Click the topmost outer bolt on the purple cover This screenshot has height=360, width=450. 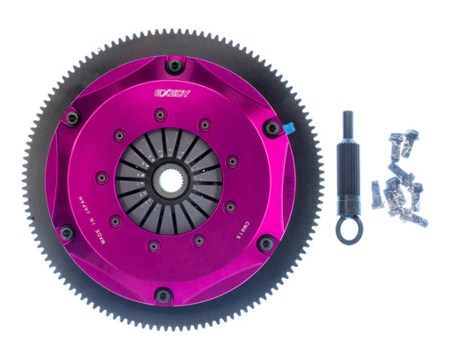[175, 66]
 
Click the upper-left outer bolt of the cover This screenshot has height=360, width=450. [72, 117]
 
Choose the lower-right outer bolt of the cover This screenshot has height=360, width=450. [265, 243]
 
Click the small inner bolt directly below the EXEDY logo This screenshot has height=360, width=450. [159, 114]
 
